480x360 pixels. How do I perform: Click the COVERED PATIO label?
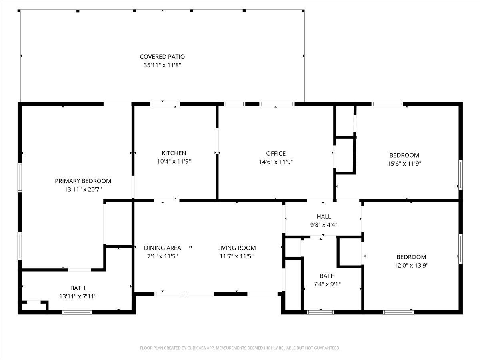162,57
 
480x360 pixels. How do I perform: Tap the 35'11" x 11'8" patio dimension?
162,65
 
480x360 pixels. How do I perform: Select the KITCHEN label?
174,153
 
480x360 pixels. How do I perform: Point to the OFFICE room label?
276,154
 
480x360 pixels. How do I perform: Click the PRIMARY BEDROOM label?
83,181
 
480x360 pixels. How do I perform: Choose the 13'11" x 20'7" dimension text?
83,189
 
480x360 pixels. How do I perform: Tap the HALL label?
324,217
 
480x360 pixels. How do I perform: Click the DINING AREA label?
162,248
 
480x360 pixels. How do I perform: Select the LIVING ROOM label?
236,248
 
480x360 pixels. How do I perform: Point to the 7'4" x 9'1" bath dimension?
327,284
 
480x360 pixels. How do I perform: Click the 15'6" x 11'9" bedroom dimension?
404,164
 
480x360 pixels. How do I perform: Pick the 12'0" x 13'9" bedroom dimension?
411,265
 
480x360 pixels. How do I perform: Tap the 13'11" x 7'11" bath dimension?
78,296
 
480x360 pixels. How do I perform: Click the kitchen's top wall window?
165,104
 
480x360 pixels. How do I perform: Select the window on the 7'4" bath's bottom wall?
320,312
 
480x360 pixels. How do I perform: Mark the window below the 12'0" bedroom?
398,312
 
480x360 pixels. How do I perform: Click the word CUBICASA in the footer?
195,348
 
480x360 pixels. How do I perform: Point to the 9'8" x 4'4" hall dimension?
324,225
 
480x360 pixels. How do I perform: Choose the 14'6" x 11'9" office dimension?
276,162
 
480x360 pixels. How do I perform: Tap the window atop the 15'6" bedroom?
387,104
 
